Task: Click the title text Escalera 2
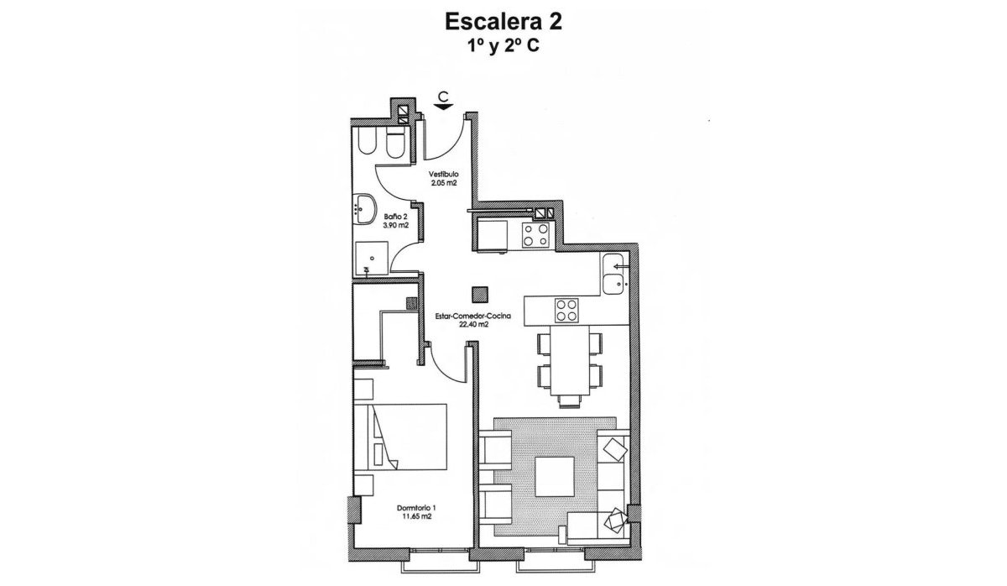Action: click(x=503, y=22)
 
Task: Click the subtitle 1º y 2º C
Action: click(x=503, y=48)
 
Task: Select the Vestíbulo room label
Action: click(x=443, y=174)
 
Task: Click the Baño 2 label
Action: click(x=395, y=217)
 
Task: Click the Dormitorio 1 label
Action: click(x=416, y=509)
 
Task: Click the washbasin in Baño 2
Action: click(x=366, y=207)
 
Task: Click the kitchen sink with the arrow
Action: click(x=616, y=272)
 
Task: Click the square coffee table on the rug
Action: click(x=555, y=476)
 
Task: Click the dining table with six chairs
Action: click(x=570, y=362)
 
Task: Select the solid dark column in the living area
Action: click(x=479, y=295)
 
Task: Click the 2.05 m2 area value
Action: click(x=443, y=182)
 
